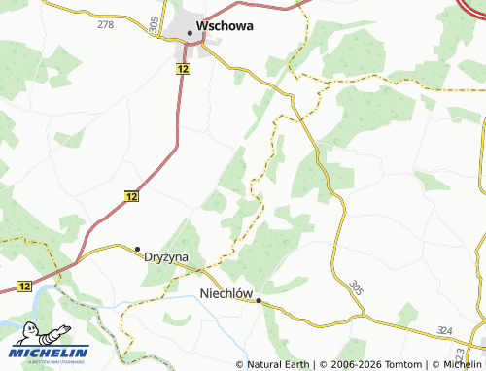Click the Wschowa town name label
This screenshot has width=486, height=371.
(x=225, y=26)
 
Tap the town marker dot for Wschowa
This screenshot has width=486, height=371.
(x=190, y=34)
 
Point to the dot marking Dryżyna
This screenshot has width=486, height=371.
(x=138, y=249)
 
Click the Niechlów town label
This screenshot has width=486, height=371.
(x=226, y=292)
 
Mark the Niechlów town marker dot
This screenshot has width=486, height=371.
(x=259, y=301)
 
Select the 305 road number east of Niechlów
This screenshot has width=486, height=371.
(x=356, y=288)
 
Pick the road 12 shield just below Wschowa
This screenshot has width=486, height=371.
(x=183, y=69)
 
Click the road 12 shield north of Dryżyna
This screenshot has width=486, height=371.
(x=132, y=196)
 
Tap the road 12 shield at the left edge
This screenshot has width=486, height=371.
(x=24, y=286)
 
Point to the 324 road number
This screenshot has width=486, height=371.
(x=444, y=331)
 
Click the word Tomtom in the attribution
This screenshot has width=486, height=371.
(x=392, y=365)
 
